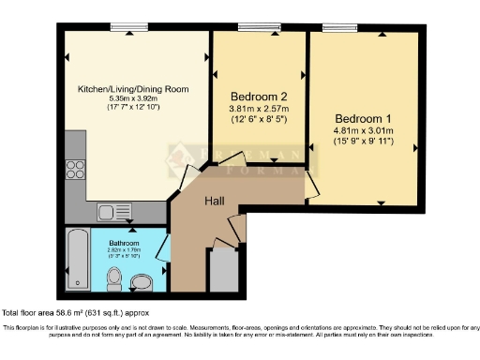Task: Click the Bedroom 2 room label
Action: tap(258, 96)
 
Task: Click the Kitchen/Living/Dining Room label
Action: tap(133, 89)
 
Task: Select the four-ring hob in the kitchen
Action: tap(75, 170)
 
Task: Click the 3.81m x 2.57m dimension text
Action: tap(258, 109)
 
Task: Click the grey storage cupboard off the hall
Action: tap(223, 271)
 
